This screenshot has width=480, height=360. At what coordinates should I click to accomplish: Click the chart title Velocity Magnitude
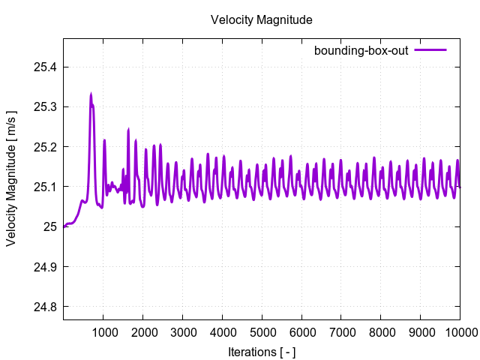click(x=261, y=19)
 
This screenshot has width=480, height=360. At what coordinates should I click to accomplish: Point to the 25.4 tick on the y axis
click(x=44, y=67)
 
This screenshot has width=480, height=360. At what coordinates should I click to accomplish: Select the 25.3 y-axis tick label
click(x=44, y=107)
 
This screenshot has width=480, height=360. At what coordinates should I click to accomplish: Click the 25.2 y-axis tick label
click(x=44, y=147)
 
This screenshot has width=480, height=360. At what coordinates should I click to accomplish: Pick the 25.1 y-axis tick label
click(x=44, y=187)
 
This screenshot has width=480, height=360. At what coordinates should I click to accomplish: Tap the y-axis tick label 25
click(x=49, y=226)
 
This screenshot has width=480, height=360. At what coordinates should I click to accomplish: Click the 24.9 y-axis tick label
click(x=44, y=266)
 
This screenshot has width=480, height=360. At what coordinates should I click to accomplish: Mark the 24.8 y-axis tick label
click(x=44, y=306)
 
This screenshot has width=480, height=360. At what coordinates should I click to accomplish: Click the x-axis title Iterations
click(x=261, y=351)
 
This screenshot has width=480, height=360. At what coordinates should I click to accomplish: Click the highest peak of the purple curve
click(x=91, y=94)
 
